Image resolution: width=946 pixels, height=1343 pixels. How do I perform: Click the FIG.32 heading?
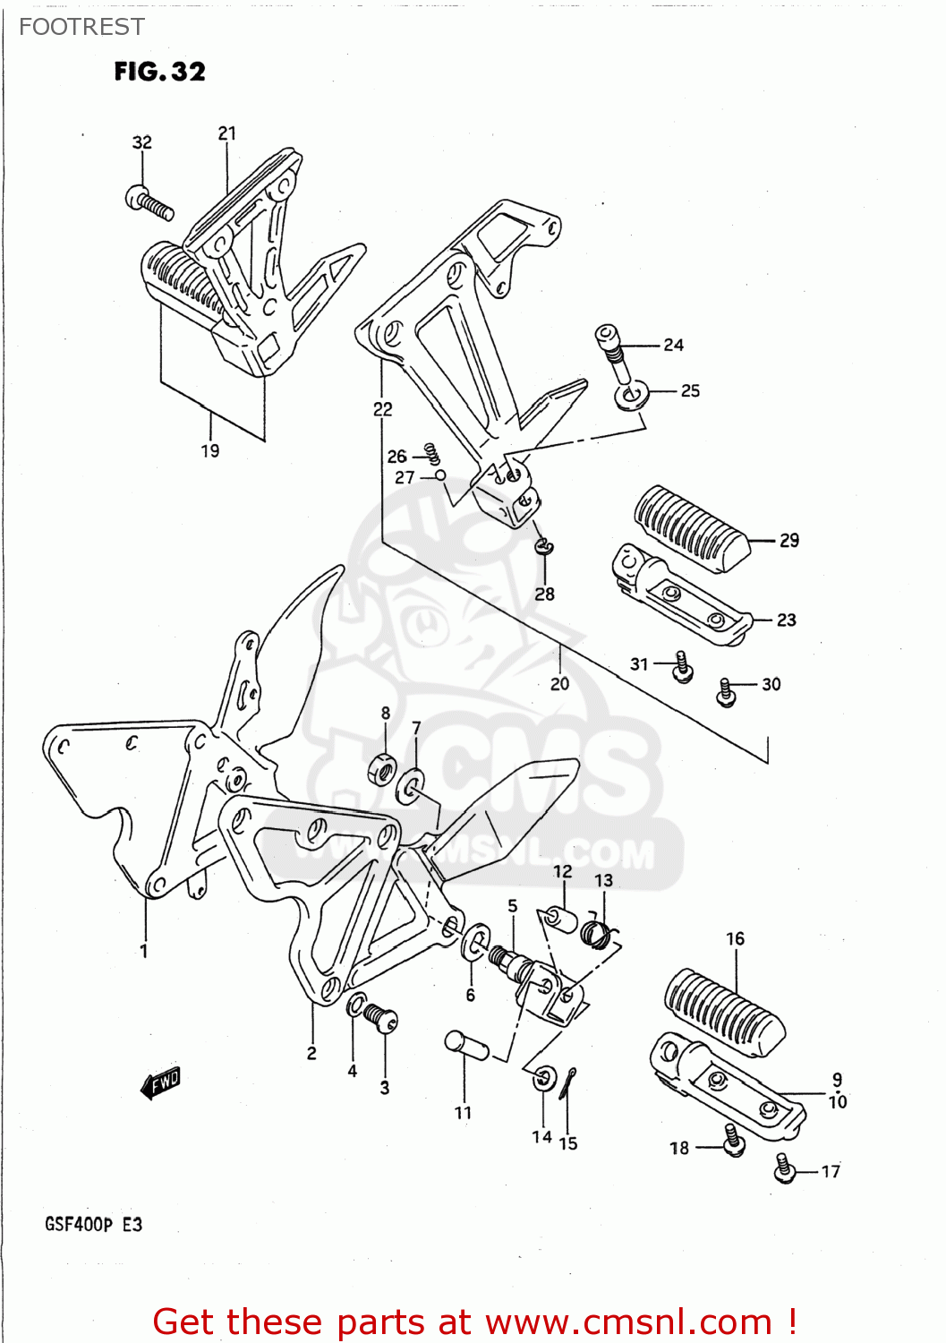click(159, 72)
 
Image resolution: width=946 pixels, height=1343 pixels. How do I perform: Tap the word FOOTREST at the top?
click(81, 27)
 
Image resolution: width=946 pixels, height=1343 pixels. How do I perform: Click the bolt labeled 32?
click(149, 202)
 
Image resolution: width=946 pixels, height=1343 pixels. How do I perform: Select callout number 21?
click(227, 133)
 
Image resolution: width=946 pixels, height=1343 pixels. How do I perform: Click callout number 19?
click(209, 450)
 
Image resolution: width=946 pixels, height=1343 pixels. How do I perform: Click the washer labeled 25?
click(633, 395)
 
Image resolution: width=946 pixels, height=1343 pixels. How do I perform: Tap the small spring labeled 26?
click(431, 454)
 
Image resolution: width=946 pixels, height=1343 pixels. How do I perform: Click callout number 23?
click(786, 620)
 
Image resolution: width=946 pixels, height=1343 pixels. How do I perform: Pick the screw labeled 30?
click(727, 692)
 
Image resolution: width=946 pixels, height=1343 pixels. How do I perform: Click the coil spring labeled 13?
click(597, 933)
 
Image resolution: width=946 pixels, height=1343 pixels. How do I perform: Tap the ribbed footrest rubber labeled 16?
click(723, 1011)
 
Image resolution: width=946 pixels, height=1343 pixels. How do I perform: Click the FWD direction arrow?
click(162, 1083)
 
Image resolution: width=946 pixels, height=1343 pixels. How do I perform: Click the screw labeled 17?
click(785, 1168)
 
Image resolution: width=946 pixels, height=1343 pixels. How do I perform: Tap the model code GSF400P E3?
click(93, 1224)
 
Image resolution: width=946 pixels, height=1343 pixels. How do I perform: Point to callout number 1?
click(144, 951)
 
